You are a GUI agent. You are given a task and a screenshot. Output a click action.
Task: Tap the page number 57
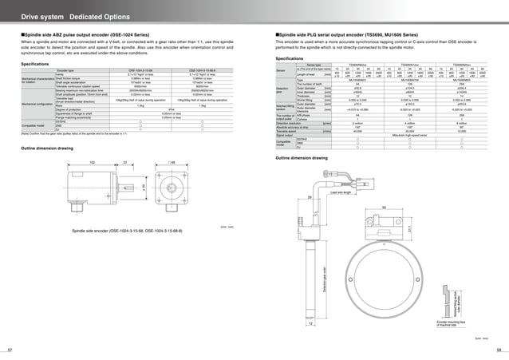click(10, 350)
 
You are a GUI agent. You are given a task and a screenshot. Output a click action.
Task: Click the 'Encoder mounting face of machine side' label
click(451, 324)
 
